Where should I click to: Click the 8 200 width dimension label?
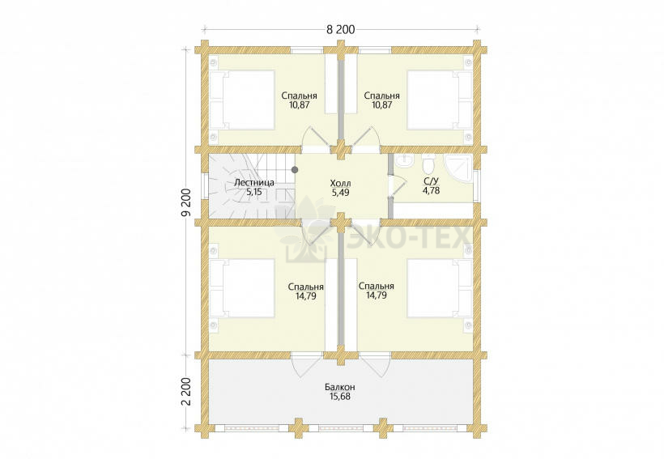[340, 30]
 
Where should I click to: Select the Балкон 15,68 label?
[340, 392]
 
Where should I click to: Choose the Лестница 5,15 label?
[254, 187]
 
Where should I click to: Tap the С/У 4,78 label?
[431, 186]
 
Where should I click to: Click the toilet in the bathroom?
[428, 162]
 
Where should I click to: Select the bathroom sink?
[405, 161]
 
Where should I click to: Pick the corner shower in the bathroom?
[458, 168]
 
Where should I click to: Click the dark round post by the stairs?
[295, 170]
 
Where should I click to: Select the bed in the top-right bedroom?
[440, 100]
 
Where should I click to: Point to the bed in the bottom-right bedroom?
[440, 288]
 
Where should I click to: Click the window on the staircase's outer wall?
[205, 186]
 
